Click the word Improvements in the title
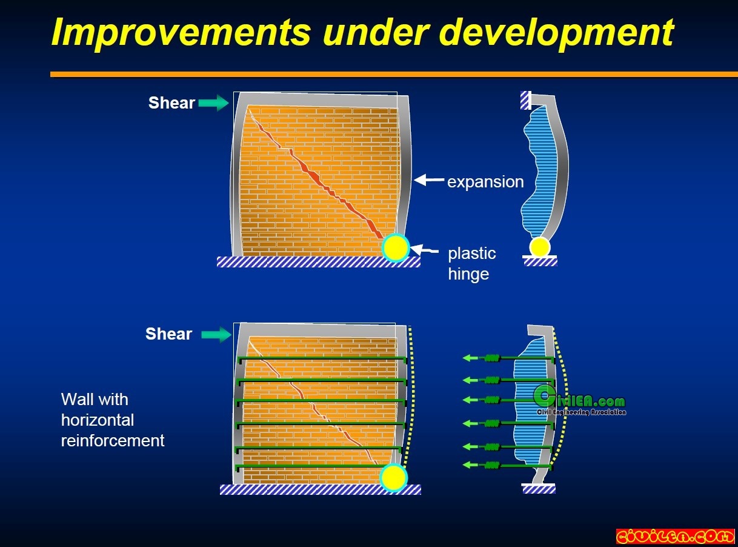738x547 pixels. (x=181, y=32)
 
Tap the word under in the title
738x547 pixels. (x=375, y=32)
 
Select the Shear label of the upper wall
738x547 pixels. (x=171, y=102)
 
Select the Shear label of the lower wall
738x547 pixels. (x=168, y=334)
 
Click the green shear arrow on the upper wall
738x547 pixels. (x=214, y=102)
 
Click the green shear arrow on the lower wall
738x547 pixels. (x=216, y=334)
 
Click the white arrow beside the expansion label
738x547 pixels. (x=428, y=180)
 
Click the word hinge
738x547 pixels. (x=468, y=275)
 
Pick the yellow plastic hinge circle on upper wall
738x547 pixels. (x=395, y=247)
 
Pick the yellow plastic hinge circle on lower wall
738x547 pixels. (x=394, y=478)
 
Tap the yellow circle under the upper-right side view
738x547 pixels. (x=540, y=247)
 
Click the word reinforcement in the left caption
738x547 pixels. (x=113, y=440)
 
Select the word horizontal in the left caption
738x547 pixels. (x=98, y=420)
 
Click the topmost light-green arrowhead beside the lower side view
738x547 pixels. (x=468, y=358)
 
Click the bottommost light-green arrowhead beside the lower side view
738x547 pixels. (x=468, y=465)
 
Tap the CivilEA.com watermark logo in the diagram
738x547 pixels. (x=580, y=400)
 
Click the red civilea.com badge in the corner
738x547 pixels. (x=675, y=536)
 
